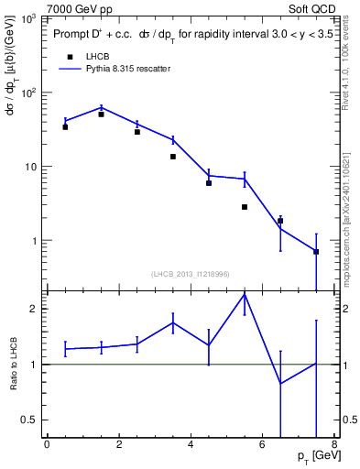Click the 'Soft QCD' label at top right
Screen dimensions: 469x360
312,8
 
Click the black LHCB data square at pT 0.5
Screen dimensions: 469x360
65,127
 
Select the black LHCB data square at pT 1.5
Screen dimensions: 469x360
101,115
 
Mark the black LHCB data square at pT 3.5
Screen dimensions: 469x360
172,157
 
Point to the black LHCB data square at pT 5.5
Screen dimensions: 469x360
245,207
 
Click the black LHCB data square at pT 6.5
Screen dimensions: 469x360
280,221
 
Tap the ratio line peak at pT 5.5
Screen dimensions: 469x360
245,294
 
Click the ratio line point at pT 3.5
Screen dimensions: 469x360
172,322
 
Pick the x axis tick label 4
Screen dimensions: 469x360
191,446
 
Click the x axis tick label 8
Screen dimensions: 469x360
333,446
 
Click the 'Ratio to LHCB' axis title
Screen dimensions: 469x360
13,364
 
